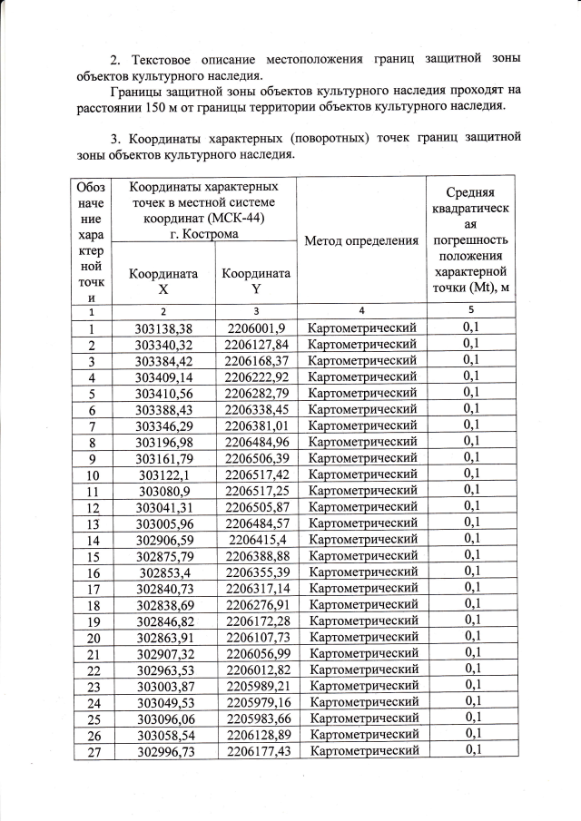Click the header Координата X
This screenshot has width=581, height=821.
click(x=163, y=281)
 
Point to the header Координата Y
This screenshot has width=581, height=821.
click(x=256, y=281)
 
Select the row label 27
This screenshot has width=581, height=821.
click(x=92, y=750)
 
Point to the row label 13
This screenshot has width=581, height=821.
click(x=92, y=523)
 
